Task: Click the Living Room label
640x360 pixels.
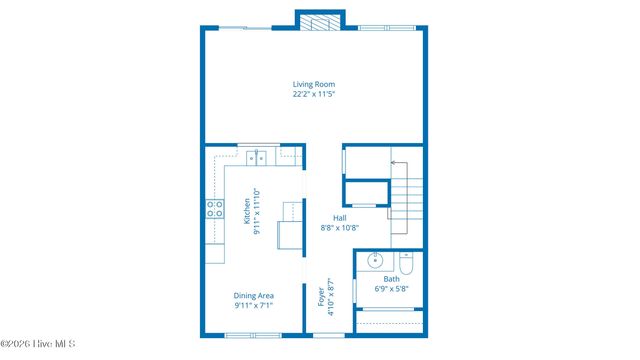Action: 313,84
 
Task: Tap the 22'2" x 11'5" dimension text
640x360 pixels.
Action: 313,95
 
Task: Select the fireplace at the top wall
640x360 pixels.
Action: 320,22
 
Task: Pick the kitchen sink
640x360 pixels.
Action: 257,156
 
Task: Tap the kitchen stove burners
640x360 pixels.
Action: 214,208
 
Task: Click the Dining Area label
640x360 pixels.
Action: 254,296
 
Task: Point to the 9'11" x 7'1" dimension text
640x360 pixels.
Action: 254,307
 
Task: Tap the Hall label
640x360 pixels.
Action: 340,217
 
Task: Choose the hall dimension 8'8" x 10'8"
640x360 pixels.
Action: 340,228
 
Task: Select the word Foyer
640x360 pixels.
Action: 322,299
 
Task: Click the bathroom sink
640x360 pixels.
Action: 376,262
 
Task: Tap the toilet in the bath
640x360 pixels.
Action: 405,264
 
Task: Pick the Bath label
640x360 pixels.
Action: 391,279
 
